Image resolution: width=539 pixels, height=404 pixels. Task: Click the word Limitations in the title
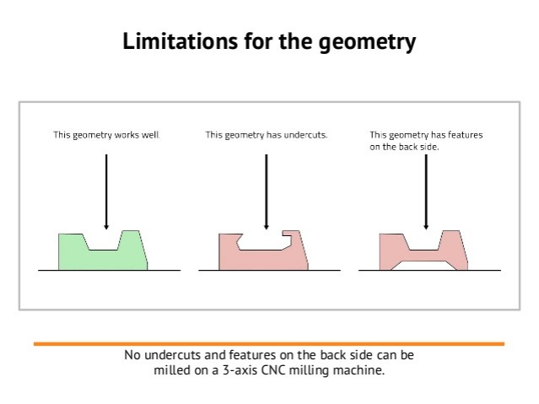pyautogui.click(x=181, y=41)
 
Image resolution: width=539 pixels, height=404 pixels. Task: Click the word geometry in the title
pyautogui.click(x=367, y=43)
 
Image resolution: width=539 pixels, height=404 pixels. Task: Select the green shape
pyautogui.click(x=103, y=255)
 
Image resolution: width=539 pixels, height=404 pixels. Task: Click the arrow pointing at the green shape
pyautogui.click(x=106, y=191)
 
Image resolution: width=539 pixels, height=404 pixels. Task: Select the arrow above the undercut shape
pyautogui.click(x=266, y=191)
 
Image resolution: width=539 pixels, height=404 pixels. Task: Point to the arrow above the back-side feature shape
pyautogui.click(x=426, y=191)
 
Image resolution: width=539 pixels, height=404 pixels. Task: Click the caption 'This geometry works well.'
pyautogui.click(x=106, y=135)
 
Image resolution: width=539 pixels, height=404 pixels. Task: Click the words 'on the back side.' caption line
pyautogui.click(x=405, y=147)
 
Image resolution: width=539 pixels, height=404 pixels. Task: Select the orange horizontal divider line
pyautogui.click(x=269, y=344)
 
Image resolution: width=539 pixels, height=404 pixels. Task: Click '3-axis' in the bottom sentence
pyautogui.click(x=240, y=370)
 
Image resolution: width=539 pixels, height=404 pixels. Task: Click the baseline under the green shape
pyautogui.click(x=110, y=270)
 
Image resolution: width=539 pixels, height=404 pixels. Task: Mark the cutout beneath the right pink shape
pyautogui.click(x=423, y=266)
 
